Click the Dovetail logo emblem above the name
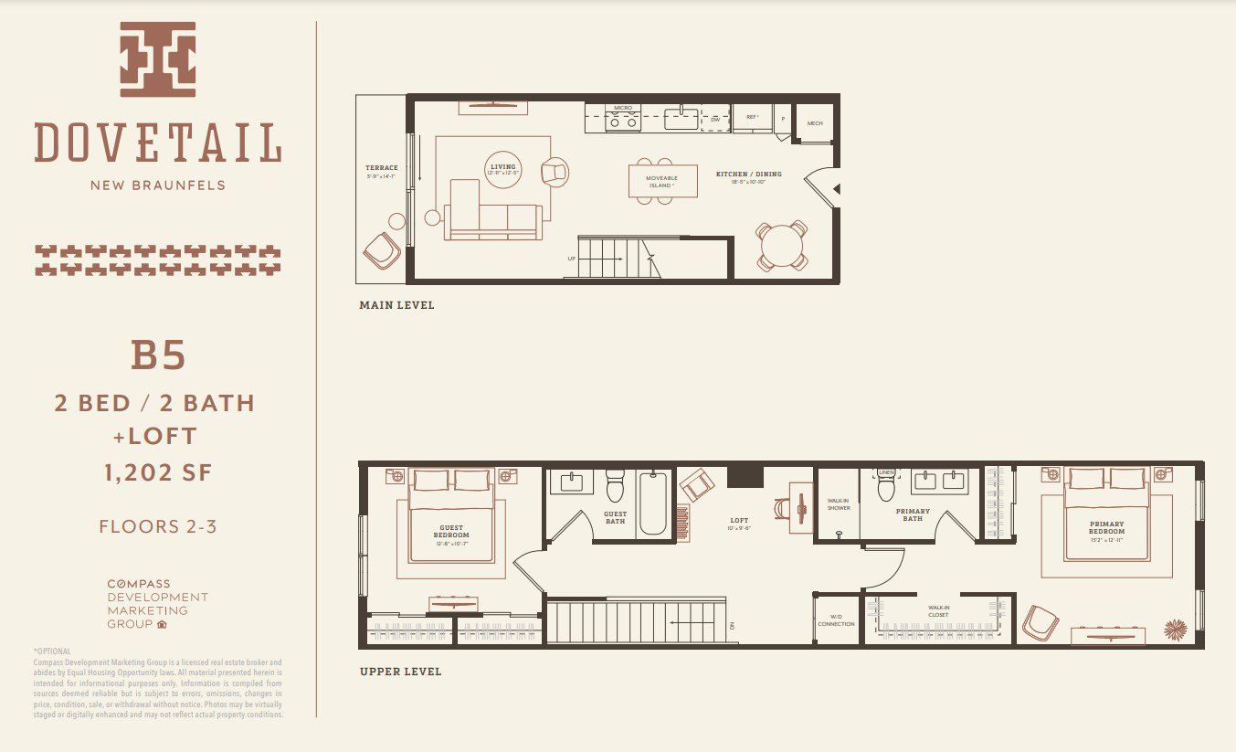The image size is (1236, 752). (157, 59)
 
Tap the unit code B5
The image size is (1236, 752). (158, 355)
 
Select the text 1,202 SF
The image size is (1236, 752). (158, 472)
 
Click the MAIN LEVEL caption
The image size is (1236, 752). (396, 305)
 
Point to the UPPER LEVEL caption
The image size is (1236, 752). (400, 672)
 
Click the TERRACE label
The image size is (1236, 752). (382, 168)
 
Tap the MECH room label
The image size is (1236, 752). (814, 123)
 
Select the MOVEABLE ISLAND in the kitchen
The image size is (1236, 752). (661, 180)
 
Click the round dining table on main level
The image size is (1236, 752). (782, 246)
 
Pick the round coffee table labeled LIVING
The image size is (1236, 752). (502, 169)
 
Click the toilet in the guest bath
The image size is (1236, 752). (614, 488)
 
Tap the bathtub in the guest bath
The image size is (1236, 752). (652, 503)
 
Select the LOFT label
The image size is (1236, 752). (739, 521)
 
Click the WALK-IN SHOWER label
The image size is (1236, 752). (839, 504)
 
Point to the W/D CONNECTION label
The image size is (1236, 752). (836, 620)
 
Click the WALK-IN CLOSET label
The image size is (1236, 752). (938, 610)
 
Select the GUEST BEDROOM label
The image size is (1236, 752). (451, 531)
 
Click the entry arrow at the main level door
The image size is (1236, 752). (836, 188)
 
